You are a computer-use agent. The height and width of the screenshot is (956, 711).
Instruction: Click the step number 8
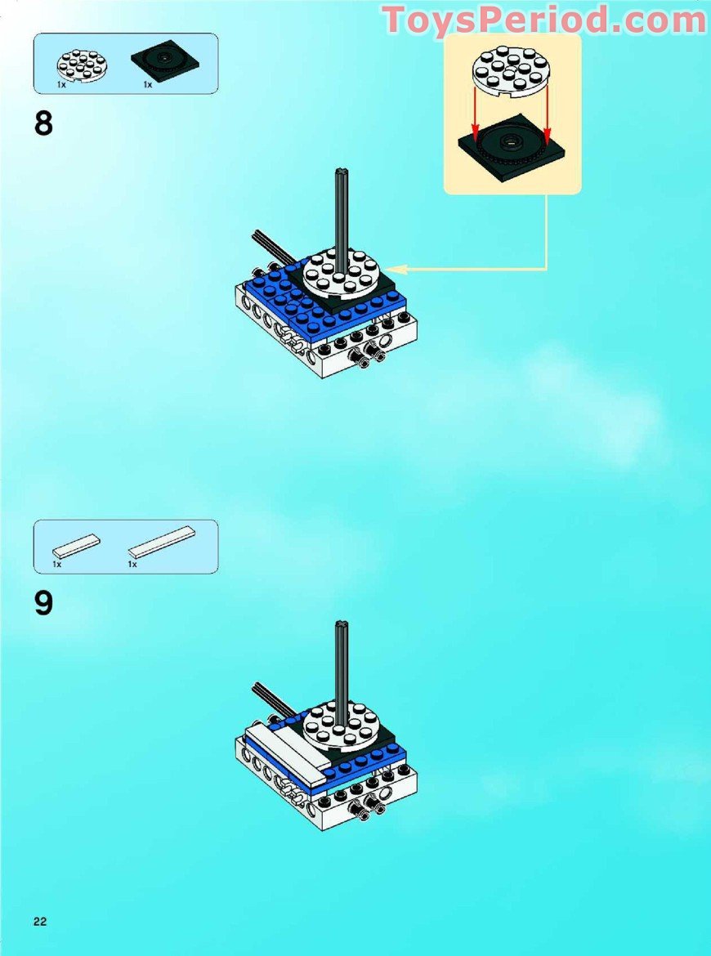(x=43, y=124)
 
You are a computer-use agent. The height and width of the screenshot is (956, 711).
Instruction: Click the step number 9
(x=43, y=604)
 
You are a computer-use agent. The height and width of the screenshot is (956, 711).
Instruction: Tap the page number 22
(x=40, y=922)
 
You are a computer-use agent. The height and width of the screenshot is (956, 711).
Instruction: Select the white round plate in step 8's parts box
(x=80, y=64)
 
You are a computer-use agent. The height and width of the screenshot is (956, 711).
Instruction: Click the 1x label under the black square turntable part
(x=148, y=84)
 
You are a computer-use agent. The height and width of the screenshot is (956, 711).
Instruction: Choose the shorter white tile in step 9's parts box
(x=77, y=546)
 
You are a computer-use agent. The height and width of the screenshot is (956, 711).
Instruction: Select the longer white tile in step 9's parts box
(x=162, y=542)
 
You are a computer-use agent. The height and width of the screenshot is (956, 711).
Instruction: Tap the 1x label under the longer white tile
(x=132, y=564)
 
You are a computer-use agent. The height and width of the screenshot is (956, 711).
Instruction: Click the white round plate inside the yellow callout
(x=512, y=71)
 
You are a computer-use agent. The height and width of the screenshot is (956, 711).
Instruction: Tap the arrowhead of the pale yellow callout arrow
(x=389, y=268)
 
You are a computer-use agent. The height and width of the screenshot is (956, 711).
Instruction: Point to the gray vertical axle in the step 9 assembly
(x=341, y=662)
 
